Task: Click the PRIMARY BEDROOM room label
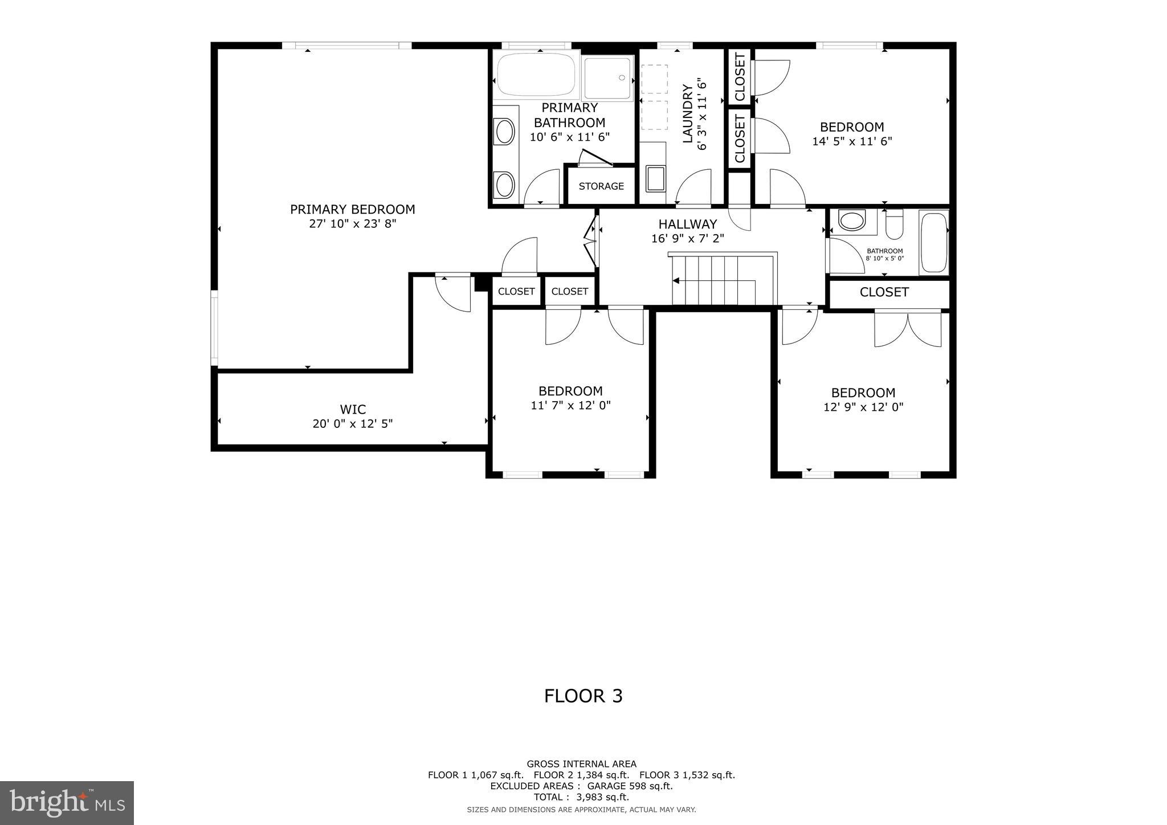tap(352, 210)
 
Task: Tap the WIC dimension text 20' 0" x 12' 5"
tap(352, 424)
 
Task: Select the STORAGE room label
tap(601, 186)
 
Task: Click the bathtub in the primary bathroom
tap(536, 75)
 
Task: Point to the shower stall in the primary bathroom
tap(608, 79)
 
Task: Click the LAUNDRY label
tap(687, 113)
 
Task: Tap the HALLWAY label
tap(687, 224)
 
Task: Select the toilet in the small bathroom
tap(895, 224)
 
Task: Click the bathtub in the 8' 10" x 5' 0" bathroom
tap(933, 242)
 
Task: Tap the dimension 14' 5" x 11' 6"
tap(852, 141)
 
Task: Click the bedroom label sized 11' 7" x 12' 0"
tap(570, 391)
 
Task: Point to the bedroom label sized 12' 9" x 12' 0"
tap(863, 393)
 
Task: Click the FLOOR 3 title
tap(583, 696)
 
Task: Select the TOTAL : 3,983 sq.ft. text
tap(581, 797)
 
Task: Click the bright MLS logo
tap(67, 803)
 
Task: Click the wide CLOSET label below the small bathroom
tap(884, 292)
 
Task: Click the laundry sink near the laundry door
tap(656, 178)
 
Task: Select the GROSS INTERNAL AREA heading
tap(581, 764)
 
